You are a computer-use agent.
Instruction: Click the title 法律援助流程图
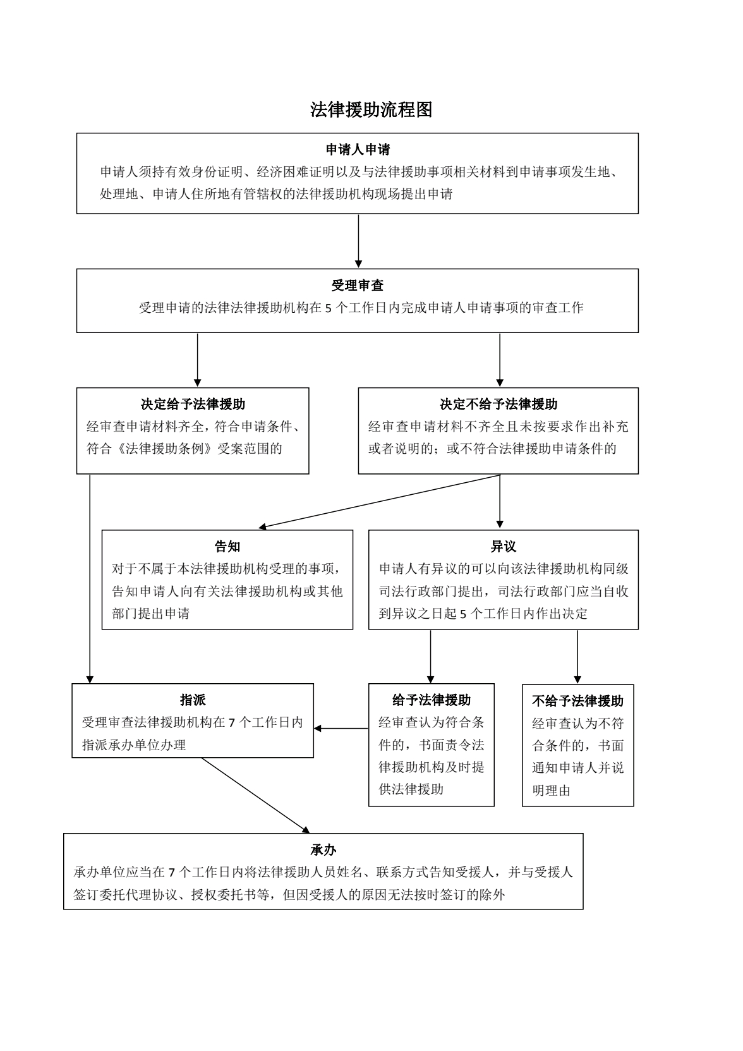coord(371,109)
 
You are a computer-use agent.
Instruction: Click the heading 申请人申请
coord(358,150)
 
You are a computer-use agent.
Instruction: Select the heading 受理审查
coord(358,285)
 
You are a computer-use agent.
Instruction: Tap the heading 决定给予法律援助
coord(193,404)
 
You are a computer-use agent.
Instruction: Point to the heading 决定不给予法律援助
coord(498,404)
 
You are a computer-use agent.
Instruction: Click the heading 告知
coord(227,546)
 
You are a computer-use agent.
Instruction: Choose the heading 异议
coord(504,546)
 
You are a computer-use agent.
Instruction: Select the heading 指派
coord(193,700)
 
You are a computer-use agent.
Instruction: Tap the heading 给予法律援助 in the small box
coord(432,700)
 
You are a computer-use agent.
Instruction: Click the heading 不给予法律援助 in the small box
coord(578,700)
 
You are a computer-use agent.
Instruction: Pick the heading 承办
coord(323,849)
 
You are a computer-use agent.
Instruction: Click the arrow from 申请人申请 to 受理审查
coord(358,241)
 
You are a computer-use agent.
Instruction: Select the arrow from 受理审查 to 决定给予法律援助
coord(198,360)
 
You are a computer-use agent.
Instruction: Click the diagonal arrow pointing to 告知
coord(380,502)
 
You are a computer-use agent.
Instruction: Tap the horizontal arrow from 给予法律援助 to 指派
coord(341,728)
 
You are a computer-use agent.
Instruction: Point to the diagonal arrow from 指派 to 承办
coord(256,795)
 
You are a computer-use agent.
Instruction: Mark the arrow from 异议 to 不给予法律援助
coord(577,657)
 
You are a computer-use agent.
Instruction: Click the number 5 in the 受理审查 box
coord(328,308)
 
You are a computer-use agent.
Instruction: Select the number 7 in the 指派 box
coord(231,722)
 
